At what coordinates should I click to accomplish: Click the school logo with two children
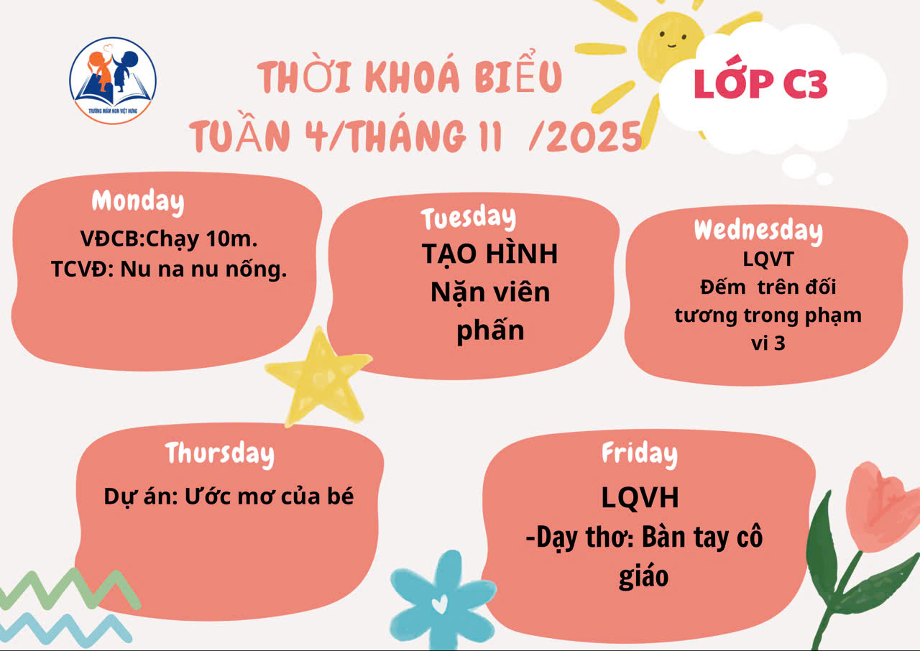(113, 80)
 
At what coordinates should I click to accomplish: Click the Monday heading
(138, 201)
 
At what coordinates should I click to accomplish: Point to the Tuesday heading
(468, 218)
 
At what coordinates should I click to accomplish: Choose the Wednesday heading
(758, 231)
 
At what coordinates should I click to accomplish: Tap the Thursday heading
(220, 454)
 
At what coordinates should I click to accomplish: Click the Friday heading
(640, 454)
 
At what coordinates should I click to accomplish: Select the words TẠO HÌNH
(490, 254)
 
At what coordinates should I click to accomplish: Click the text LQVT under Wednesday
(768, 259)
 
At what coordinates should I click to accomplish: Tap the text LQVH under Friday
(640, 498)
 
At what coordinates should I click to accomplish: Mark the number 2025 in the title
(594, 137)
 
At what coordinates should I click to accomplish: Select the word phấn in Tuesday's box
(490, 330)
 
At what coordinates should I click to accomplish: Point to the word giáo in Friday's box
(643, 576)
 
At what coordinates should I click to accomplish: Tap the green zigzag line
(70, 588)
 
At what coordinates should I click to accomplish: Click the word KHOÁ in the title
(412, 77)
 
